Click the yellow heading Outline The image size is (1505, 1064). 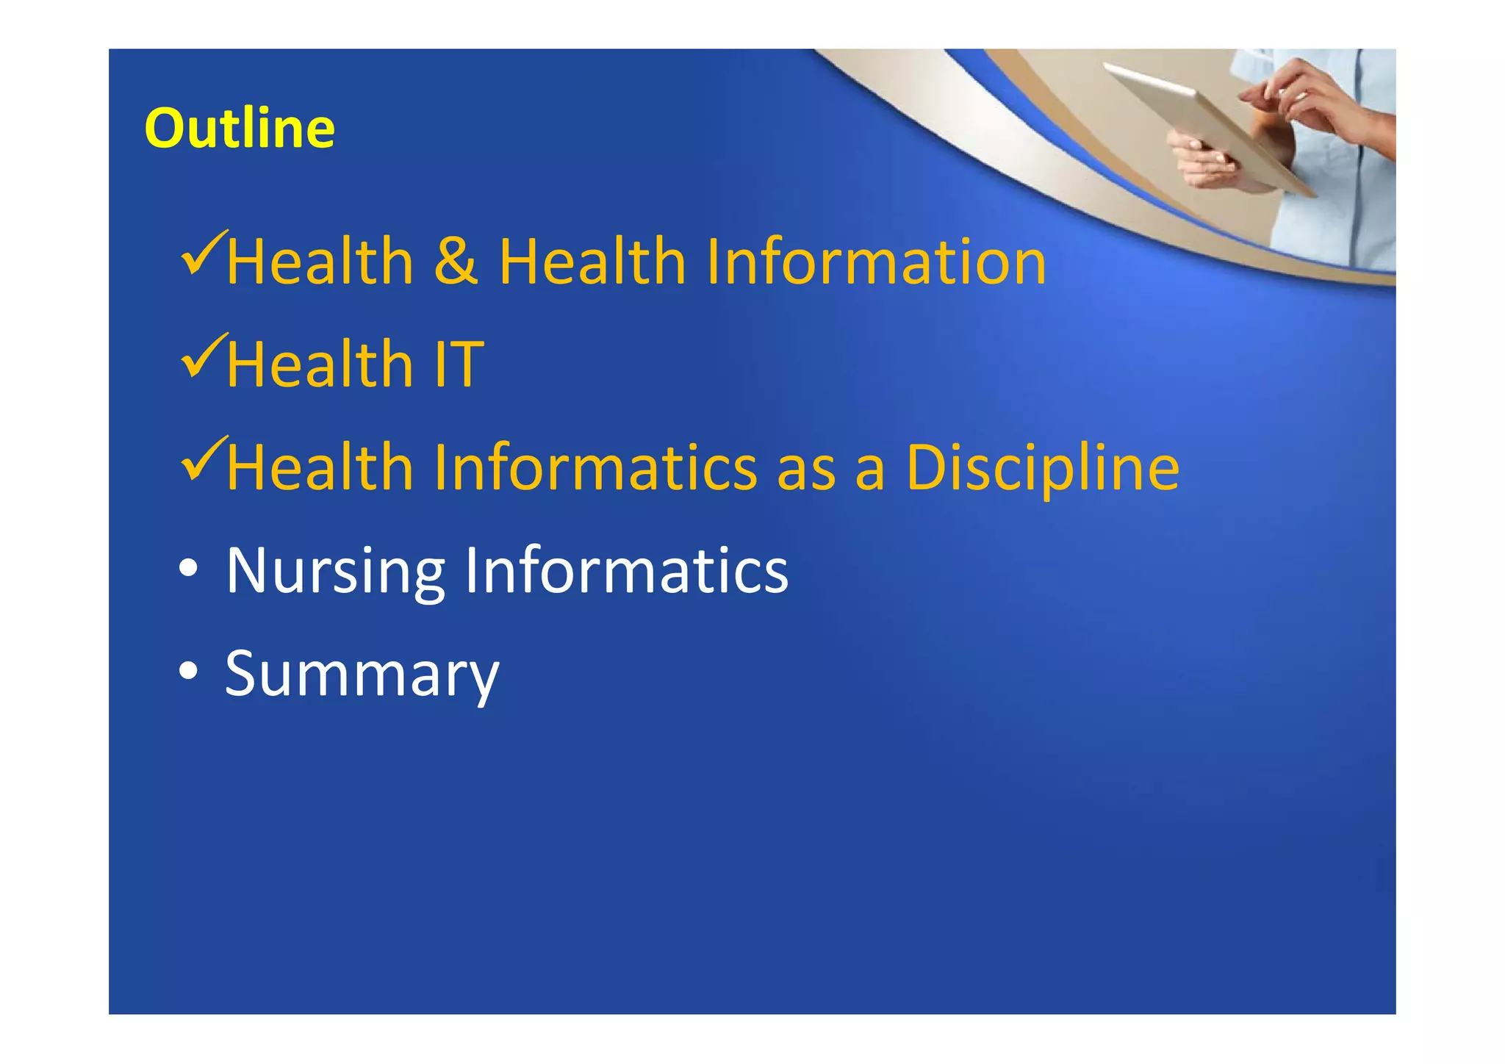click(240, 129)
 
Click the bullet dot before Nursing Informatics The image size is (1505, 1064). click(188, 569)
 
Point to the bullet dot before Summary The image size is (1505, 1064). click(188, 672)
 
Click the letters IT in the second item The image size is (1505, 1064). click(459, 364)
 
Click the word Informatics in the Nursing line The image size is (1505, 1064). click(626, 570)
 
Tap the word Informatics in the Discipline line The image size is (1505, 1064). click(595, 467)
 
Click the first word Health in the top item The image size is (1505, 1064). click(320, 262)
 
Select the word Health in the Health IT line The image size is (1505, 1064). click(320, 364)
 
